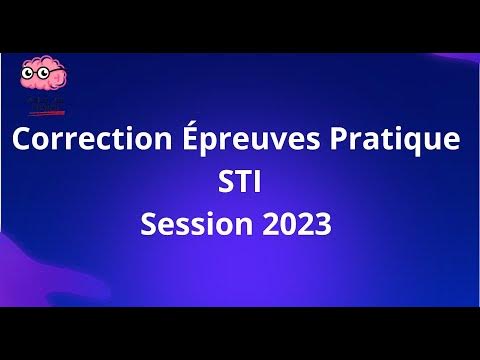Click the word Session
(188, 224)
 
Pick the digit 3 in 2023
(321, 224)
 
